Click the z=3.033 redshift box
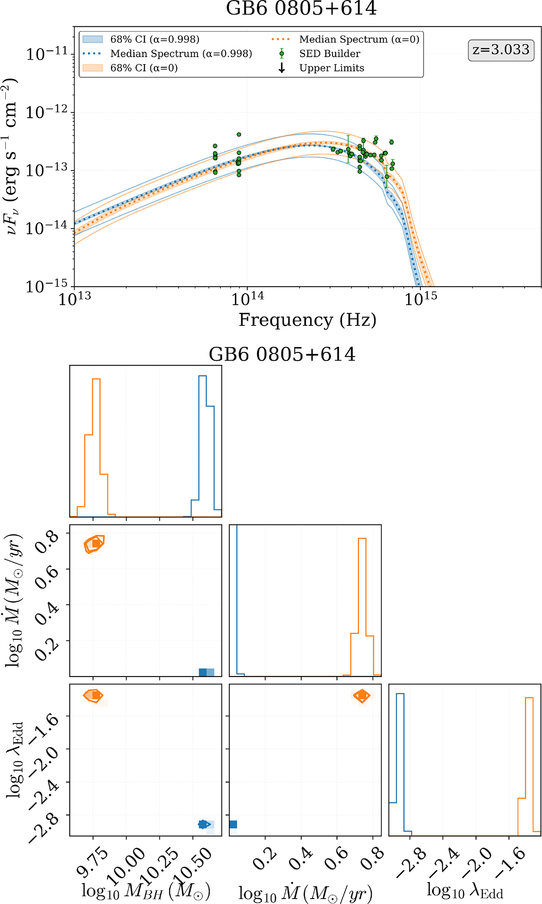[501, 50]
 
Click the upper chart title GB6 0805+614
[301, 8]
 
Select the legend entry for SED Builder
[329, 54]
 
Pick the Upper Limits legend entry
[332, 68]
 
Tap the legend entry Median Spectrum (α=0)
[359, 40]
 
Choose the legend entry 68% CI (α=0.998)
[154, 40]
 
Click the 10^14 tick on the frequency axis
[248, 298]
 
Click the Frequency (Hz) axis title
[307, 320]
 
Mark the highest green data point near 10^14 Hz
[239, 134]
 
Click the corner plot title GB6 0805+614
[282, 355]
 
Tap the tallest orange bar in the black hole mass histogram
[96, 447]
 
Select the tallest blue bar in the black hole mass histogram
[202, 445]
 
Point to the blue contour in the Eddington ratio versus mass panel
[204, 824]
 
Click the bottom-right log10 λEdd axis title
[465, 890]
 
